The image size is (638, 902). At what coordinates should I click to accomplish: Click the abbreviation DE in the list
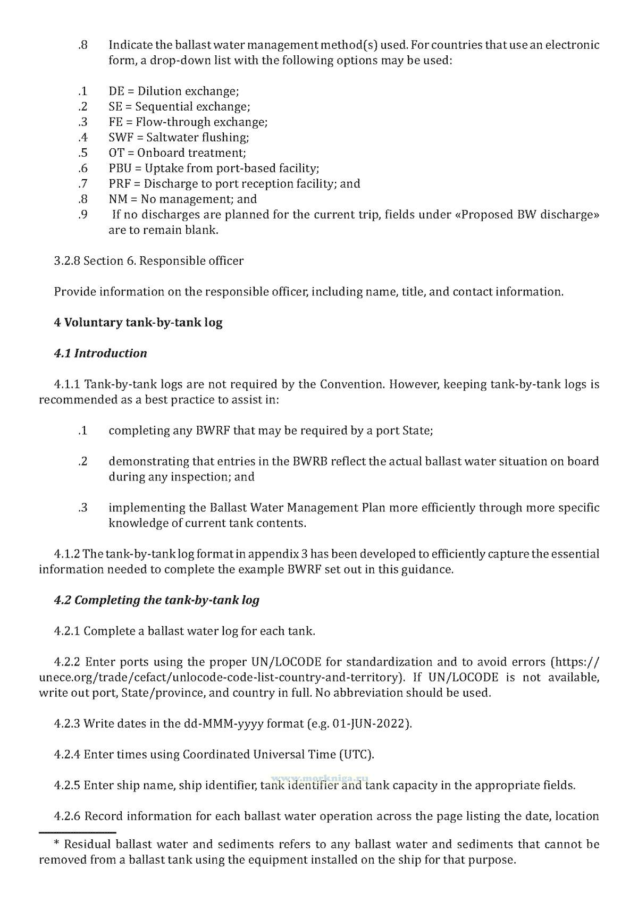116,91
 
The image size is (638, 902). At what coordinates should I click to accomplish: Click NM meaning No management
117,199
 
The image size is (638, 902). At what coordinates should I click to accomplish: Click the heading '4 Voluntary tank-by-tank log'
138,323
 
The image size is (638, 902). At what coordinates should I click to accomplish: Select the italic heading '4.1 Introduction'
100,353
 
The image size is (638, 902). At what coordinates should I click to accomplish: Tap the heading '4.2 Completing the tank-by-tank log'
156,600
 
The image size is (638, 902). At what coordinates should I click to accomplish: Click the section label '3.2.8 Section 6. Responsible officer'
149,261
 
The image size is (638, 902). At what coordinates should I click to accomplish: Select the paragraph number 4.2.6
67,816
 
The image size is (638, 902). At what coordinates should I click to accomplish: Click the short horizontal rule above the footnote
77,832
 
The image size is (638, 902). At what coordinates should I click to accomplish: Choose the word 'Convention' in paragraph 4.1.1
350,384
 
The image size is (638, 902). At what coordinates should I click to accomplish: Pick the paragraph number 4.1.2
67,554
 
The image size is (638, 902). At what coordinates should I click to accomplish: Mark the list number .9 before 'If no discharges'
82,215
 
